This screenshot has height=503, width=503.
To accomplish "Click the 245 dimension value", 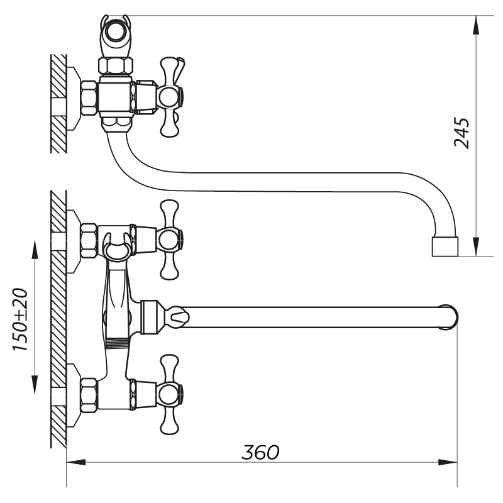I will point(462,132).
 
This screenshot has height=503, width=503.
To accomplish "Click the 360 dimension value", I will point(261,452).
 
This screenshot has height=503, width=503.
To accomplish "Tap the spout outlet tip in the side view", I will point(445,246).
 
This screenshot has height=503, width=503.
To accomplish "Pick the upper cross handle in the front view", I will point(169,239).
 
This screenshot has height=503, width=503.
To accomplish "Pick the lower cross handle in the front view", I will point(169,394).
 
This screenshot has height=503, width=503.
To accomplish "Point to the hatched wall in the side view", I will point(58,103).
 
